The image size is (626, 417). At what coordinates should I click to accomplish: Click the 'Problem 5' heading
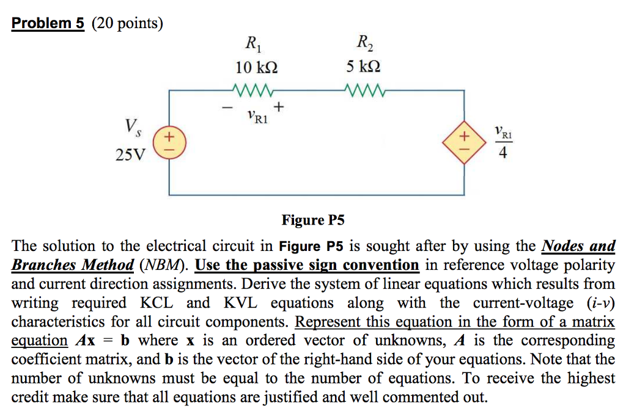point(48,23)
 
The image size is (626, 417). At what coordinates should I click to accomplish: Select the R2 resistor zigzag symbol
point(366,93)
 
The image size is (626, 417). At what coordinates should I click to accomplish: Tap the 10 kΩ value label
point(256,67)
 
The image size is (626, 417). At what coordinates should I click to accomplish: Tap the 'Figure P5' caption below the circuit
point(313,220)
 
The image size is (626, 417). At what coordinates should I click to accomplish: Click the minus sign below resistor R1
point(227,109)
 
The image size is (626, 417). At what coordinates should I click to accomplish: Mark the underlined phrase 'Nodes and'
point(578,246)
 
